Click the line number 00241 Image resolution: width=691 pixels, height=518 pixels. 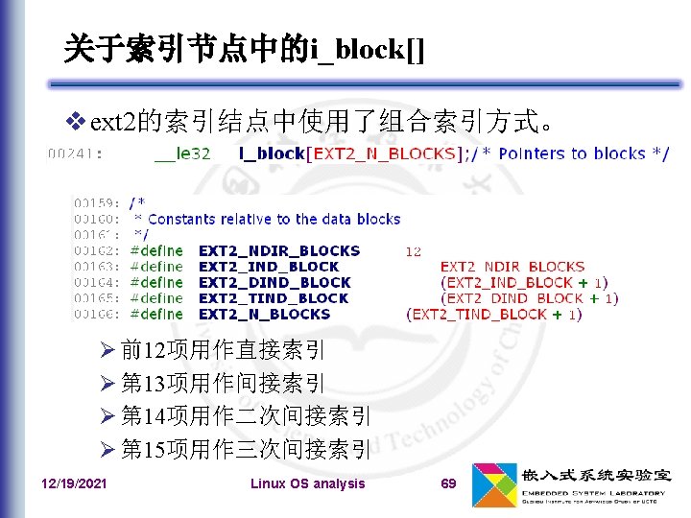[76, 153]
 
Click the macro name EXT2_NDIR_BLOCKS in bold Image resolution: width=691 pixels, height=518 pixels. [278, 250]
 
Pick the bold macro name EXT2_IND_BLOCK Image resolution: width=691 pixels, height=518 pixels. [269, 267]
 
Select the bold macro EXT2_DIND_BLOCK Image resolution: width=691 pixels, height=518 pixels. [274, 282]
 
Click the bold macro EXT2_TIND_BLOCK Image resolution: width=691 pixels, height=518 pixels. [274, 298]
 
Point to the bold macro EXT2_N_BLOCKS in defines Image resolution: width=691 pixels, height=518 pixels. [264, 314]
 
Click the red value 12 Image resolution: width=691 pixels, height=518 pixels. [414, 251]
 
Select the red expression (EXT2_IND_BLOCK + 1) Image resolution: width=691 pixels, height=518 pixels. [523, 282]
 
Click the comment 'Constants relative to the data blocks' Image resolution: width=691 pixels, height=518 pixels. [274, 219]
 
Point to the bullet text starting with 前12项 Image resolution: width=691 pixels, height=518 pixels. [223, 349]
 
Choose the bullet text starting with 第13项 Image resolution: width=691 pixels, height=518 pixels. [223, 383]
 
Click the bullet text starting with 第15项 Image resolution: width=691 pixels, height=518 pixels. [246, 449]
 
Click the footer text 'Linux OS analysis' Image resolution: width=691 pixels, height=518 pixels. [307, 483]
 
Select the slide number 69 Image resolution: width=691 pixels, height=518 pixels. [448, 483]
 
